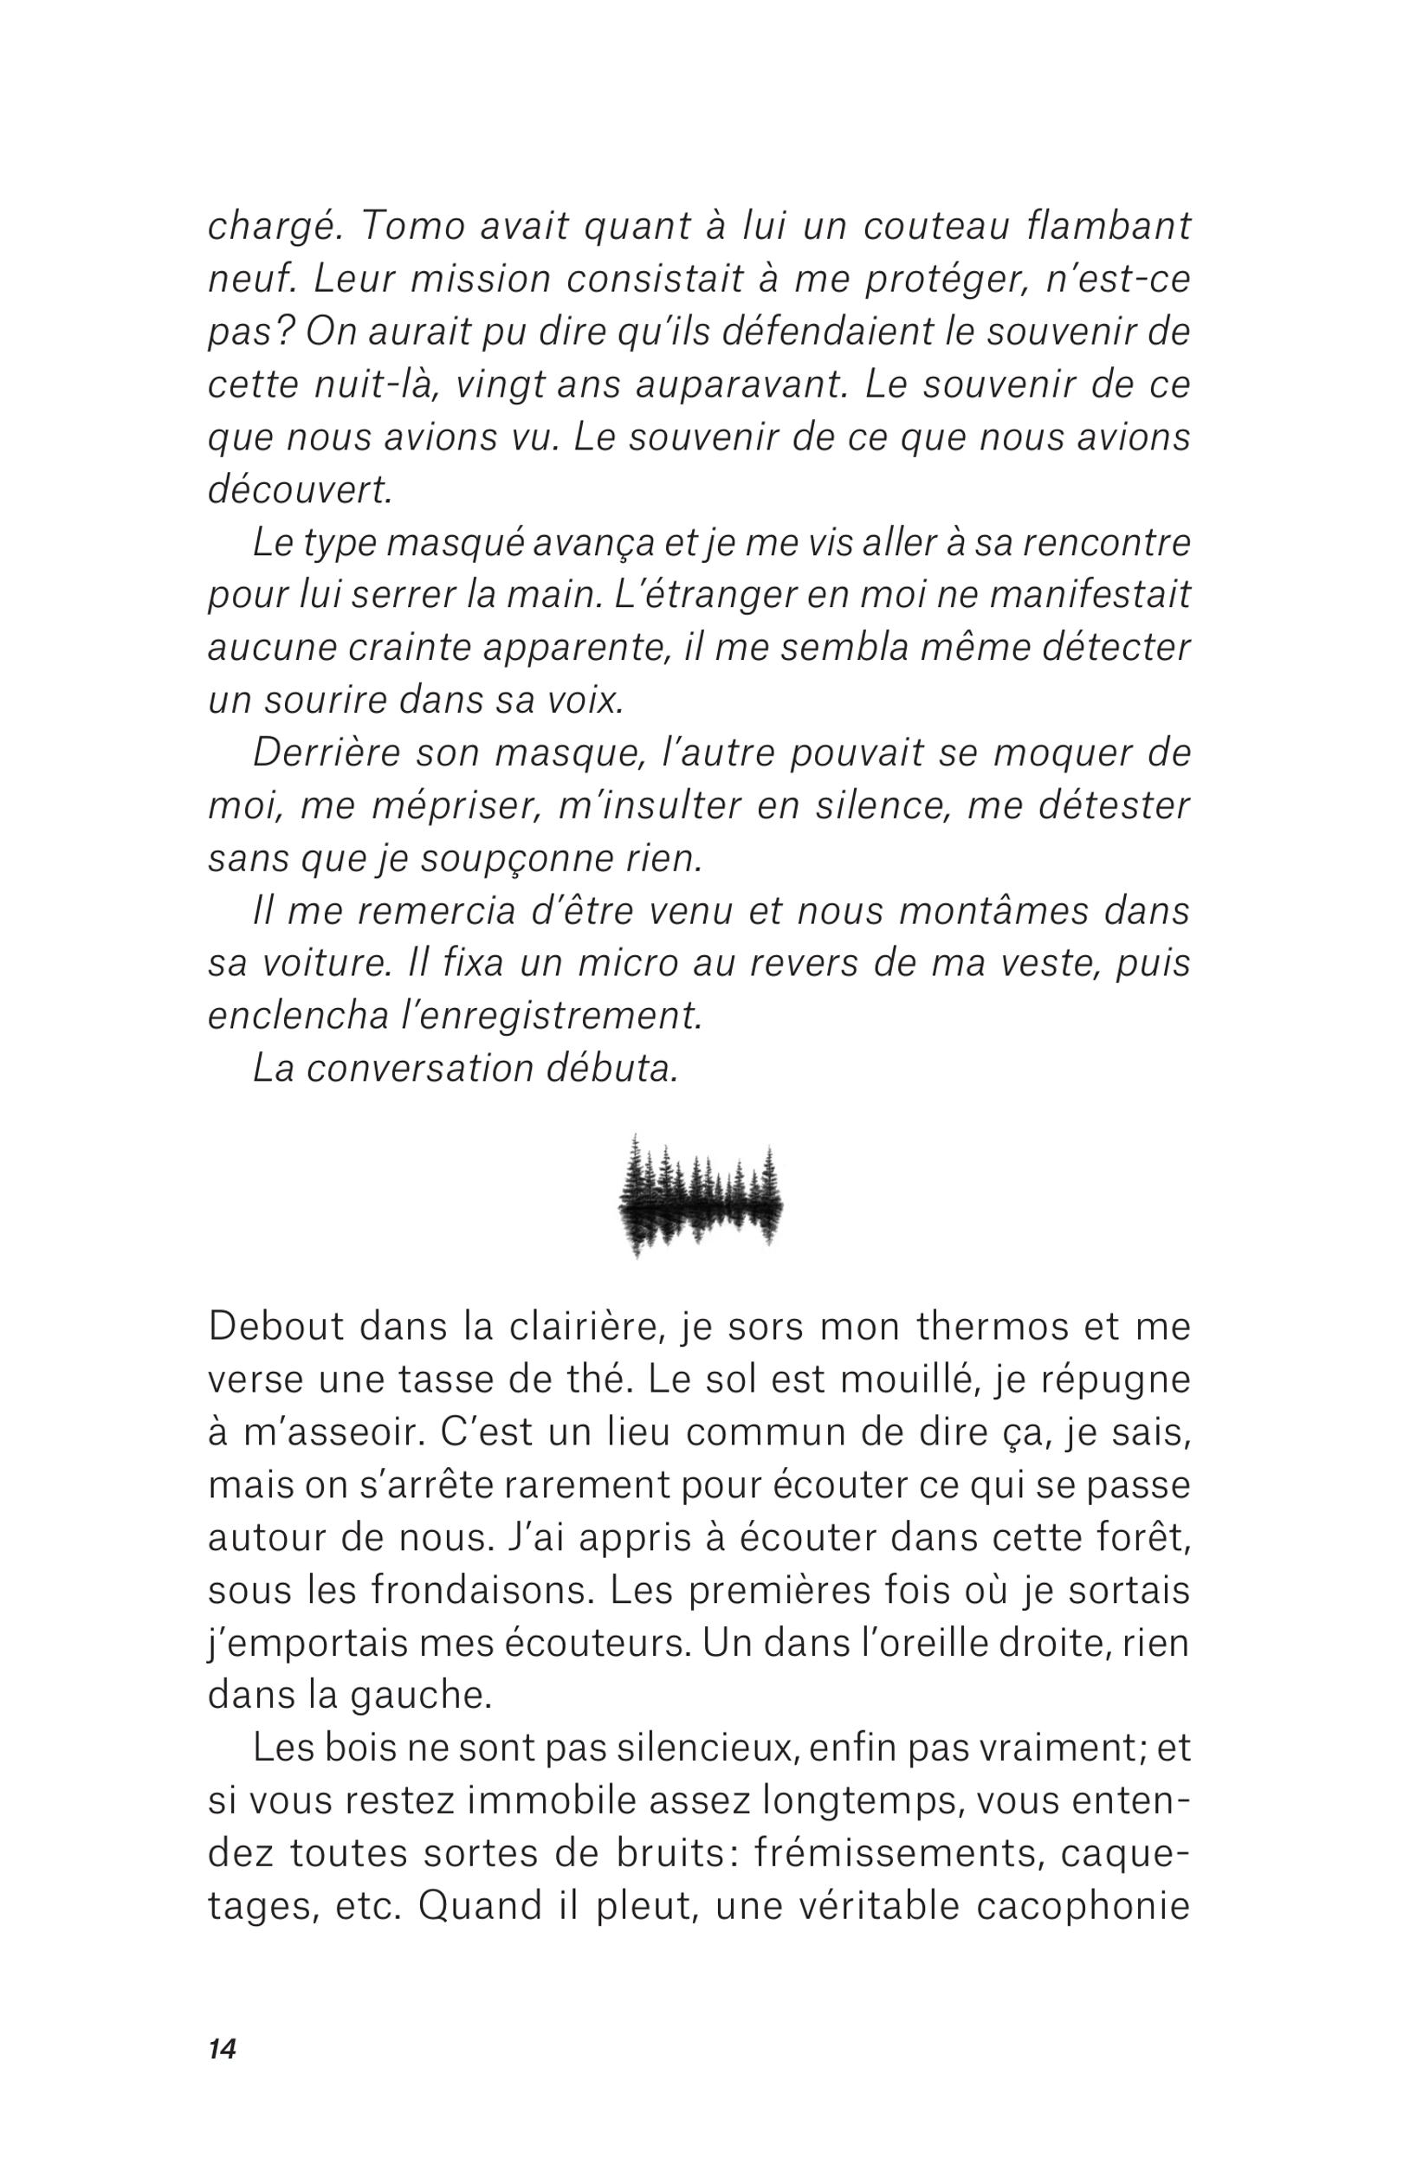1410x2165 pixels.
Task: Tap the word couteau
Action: (934, 228)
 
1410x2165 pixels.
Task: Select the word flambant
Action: (1106, 228)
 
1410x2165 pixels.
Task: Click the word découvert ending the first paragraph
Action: (300, 491)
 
